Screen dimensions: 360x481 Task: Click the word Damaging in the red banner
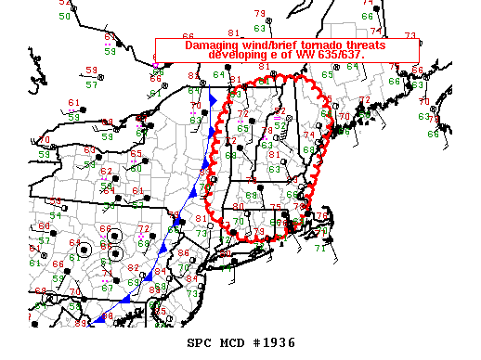214,45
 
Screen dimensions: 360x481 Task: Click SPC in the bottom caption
201,342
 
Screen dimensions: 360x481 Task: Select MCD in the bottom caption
232,342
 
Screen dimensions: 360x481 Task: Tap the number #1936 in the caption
274,342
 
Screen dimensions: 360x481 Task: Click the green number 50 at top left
64,16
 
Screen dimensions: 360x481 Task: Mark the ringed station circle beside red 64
85,249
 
